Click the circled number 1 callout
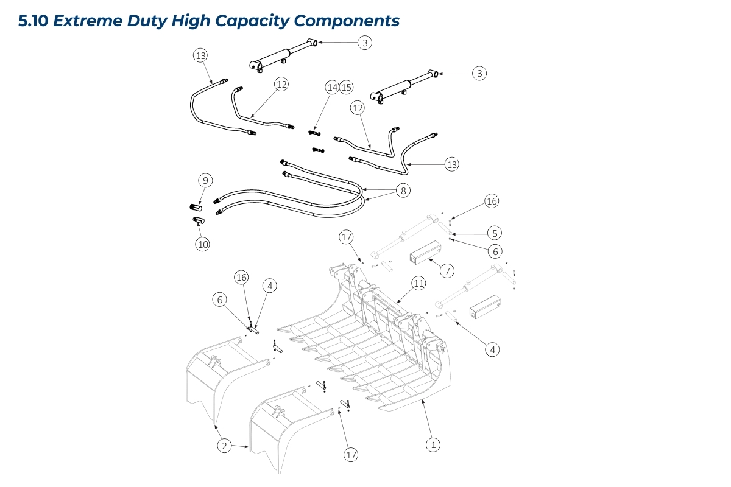[433, 445]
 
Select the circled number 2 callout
[224, 446]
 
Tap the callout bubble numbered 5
[494, 233]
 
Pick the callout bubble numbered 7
[448, 271]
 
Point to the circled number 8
[403, 191]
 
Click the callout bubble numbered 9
[205, 180]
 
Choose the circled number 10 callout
[202, 244]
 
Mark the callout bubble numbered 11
[418, 283]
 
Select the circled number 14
[332, 88]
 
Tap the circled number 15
[346, 88]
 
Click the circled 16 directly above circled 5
[492, 201]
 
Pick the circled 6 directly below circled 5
[494, 251]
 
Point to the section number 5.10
[34, 21]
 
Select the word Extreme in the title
[87, 21]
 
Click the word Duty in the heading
[146, 21]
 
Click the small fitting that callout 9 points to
[196, 209]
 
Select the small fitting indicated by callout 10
[198, 220]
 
